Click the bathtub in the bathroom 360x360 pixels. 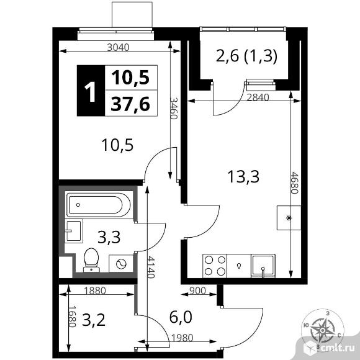[99, 205]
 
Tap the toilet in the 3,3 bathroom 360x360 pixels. [91, 260]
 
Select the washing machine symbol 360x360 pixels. [121, 264]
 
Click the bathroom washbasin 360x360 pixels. [73, 231]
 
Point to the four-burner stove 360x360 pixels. [215, 266]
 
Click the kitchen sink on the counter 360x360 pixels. [263, 266]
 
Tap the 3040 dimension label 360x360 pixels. [119, 47]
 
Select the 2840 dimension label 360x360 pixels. [258, 97]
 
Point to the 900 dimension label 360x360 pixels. [197, 290]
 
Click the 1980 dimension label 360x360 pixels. [182, 338]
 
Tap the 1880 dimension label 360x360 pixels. [95, 290]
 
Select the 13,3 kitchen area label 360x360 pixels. [243, 176]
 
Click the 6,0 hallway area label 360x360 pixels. [181, 317]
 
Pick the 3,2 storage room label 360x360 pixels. [94, 320]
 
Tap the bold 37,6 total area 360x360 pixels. [130, 104]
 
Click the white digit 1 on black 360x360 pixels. [90, 92]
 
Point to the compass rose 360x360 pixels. [322, 330]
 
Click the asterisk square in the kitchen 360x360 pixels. [289, 218]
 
